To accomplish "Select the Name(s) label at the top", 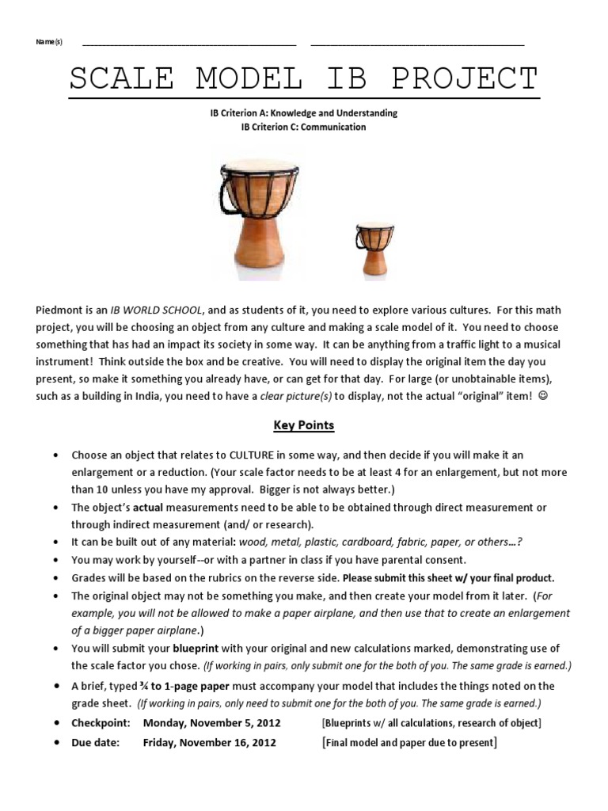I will point(49,42).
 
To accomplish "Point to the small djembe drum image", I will point(374,249).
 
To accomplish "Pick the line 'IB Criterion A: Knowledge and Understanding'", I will point(304,113).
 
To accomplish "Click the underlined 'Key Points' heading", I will point(304,425).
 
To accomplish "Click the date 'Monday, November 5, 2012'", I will point(211,723).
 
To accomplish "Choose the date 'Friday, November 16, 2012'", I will point(209,742).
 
